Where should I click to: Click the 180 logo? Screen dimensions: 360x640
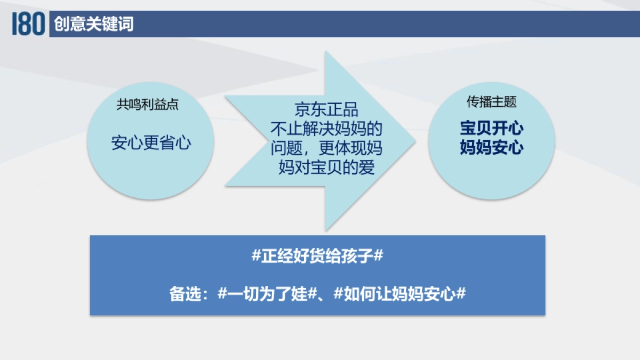coord(28,24)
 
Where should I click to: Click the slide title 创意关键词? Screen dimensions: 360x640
coord(93,24)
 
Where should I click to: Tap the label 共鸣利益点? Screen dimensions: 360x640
coord(147,105)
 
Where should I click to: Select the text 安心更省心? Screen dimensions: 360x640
coord(151,143)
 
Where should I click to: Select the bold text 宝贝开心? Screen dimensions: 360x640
coord(492,129)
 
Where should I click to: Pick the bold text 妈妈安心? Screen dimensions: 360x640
coord(492,148)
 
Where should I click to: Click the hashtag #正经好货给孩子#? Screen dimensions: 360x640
coord(317,256)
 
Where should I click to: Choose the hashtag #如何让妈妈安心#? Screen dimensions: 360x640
coord(400,294)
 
